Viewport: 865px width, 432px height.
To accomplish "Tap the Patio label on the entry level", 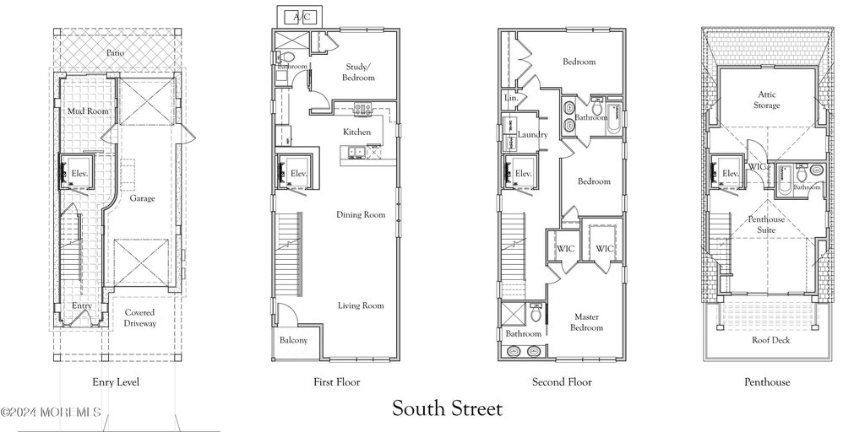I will tap(117, 53).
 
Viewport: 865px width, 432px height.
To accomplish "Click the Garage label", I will tap(142, 199).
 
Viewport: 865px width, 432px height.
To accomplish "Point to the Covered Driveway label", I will tap(139, 318).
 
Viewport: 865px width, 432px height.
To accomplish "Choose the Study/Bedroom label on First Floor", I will tap(358, 72).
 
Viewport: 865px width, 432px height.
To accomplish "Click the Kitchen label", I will tap(356, 132).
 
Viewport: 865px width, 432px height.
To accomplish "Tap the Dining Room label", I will tap(361, 214).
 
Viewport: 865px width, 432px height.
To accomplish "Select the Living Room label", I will tap(361, 305).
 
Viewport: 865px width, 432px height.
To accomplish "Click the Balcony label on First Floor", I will tap(293, 341).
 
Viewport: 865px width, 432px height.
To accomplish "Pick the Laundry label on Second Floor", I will tap(533, 135).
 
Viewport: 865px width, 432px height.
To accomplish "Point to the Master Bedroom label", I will tap(587, 321).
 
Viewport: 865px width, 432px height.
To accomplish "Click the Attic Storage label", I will tap(767, 100).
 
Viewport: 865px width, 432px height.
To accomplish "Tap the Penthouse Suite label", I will tap(767, 224).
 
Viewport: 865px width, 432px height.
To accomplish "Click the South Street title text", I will tap(447, 409).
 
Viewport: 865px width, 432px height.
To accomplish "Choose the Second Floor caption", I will tap(562, 382).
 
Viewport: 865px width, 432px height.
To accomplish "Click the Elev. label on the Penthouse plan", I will tap(731, 174).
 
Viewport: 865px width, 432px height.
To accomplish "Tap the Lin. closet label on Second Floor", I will tap(511, 99).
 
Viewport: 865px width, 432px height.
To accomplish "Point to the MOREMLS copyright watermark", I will tap(51, 413).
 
